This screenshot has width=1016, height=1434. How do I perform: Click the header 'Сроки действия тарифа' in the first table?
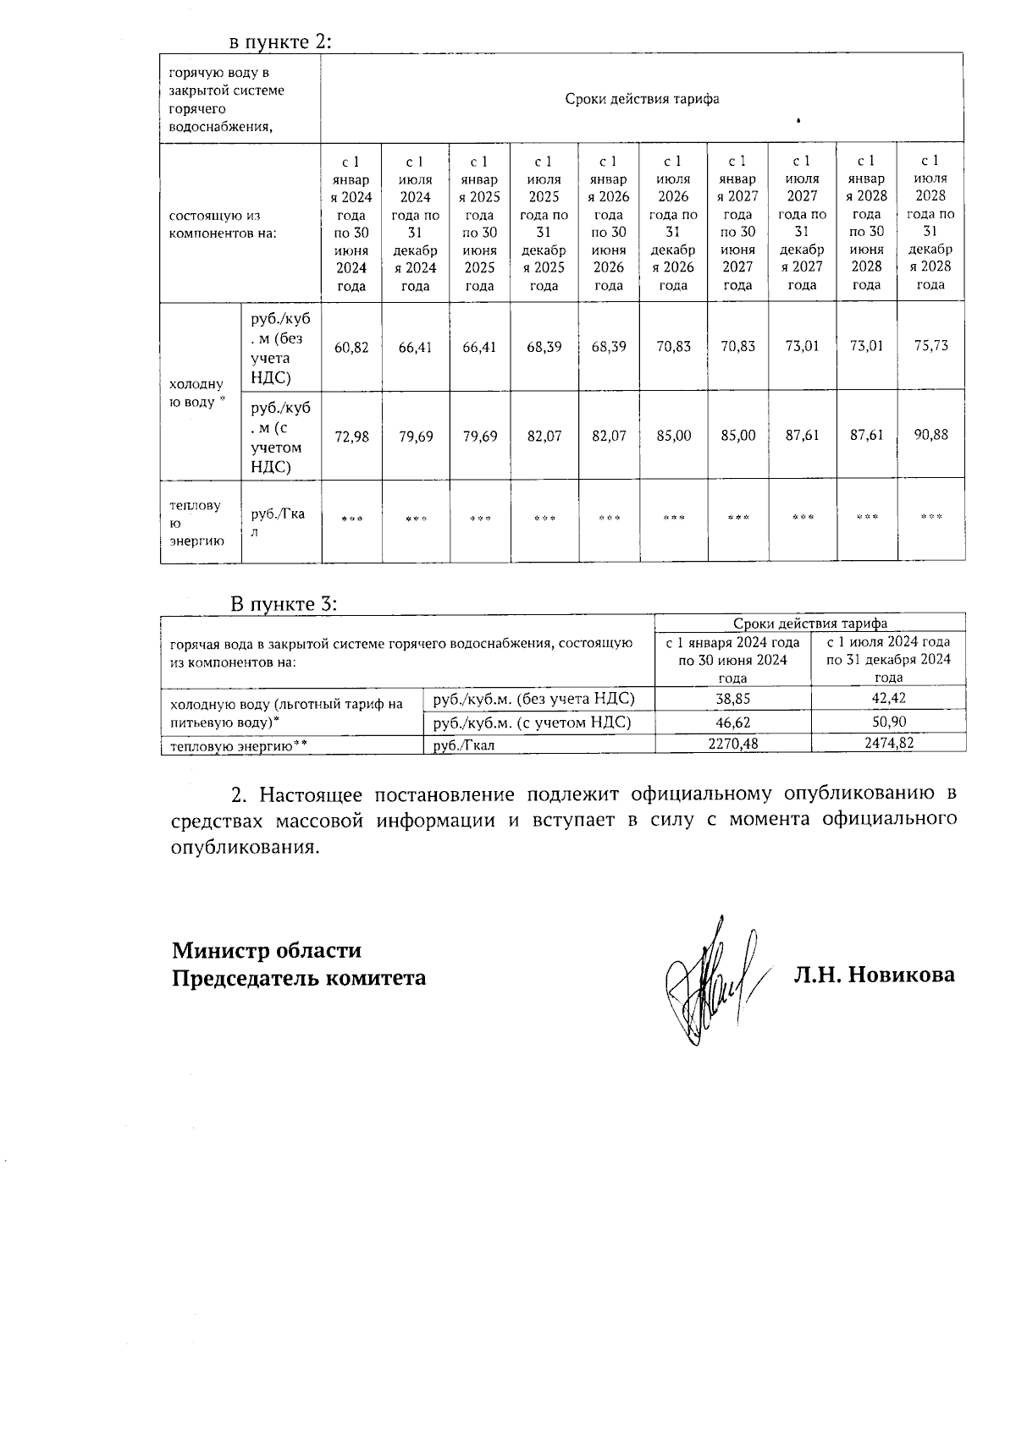642,99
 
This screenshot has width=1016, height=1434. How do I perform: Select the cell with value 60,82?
351,347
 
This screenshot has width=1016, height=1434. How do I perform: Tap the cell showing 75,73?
930,346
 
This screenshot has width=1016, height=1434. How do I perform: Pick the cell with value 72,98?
351,437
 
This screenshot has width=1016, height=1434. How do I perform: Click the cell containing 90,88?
930,435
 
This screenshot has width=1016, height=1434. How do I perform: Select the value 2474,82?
888,743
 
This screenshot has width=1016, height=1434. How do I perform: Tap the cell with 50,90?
888,722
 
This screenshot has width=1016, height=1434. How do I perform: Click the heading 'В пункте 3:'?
284,604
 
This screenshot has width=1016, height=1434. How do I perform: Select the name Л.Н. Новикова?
874,975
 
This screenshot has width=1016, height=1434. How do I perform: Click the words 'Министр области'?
267,950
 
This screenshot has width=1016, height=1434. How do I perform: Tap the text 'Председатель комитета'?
299,978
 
